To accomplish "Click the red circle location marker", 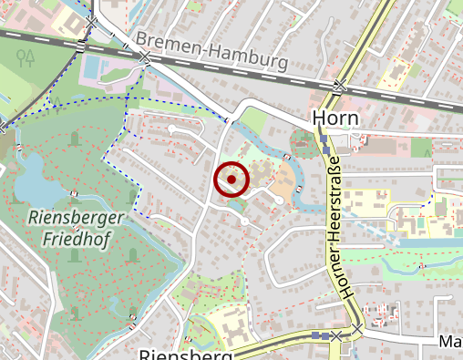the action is [x=231, y=180].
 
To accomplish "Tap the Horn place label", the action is [x=334, y=118].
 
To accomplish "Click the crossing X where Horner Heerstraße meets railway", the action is [x=339, y=87].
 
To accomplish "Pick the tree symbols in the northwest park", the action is [x=26, y=57].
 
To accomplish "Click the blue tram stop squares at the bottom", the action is [x=320, y=335].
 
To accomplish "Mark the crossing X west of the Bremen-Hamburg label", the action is [x=147, y=58].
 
